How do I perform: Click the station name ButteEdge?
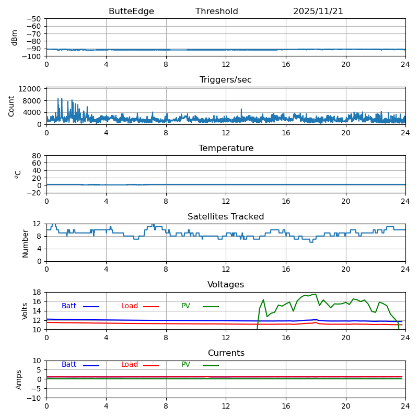coord(131,11)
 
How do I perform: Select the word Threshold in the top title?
coord(217,11)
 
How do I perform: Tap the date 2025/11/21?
coord(318,11)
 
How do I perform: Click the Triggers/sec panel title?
coord(226,80)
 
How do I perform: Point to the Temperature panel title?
coord(226,148)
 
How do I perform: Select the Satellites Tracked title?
coord(226,217)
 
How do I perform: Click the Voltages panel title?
coord(226,285)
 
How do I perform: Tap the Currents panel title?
coord(226,353)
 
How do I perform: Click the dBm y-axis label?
coord(15,37)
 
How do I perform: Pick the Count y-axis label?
coord(11,106)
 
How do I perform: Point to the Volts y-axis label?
coord(25,311)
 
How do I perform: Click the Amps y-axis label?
coord(19,379)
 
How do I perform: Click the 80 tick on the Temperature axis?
coord(37,156)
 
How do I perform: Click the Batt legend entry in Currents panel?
coord(69,365)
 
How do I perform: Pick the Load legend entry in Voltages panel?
coord(130,306)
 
